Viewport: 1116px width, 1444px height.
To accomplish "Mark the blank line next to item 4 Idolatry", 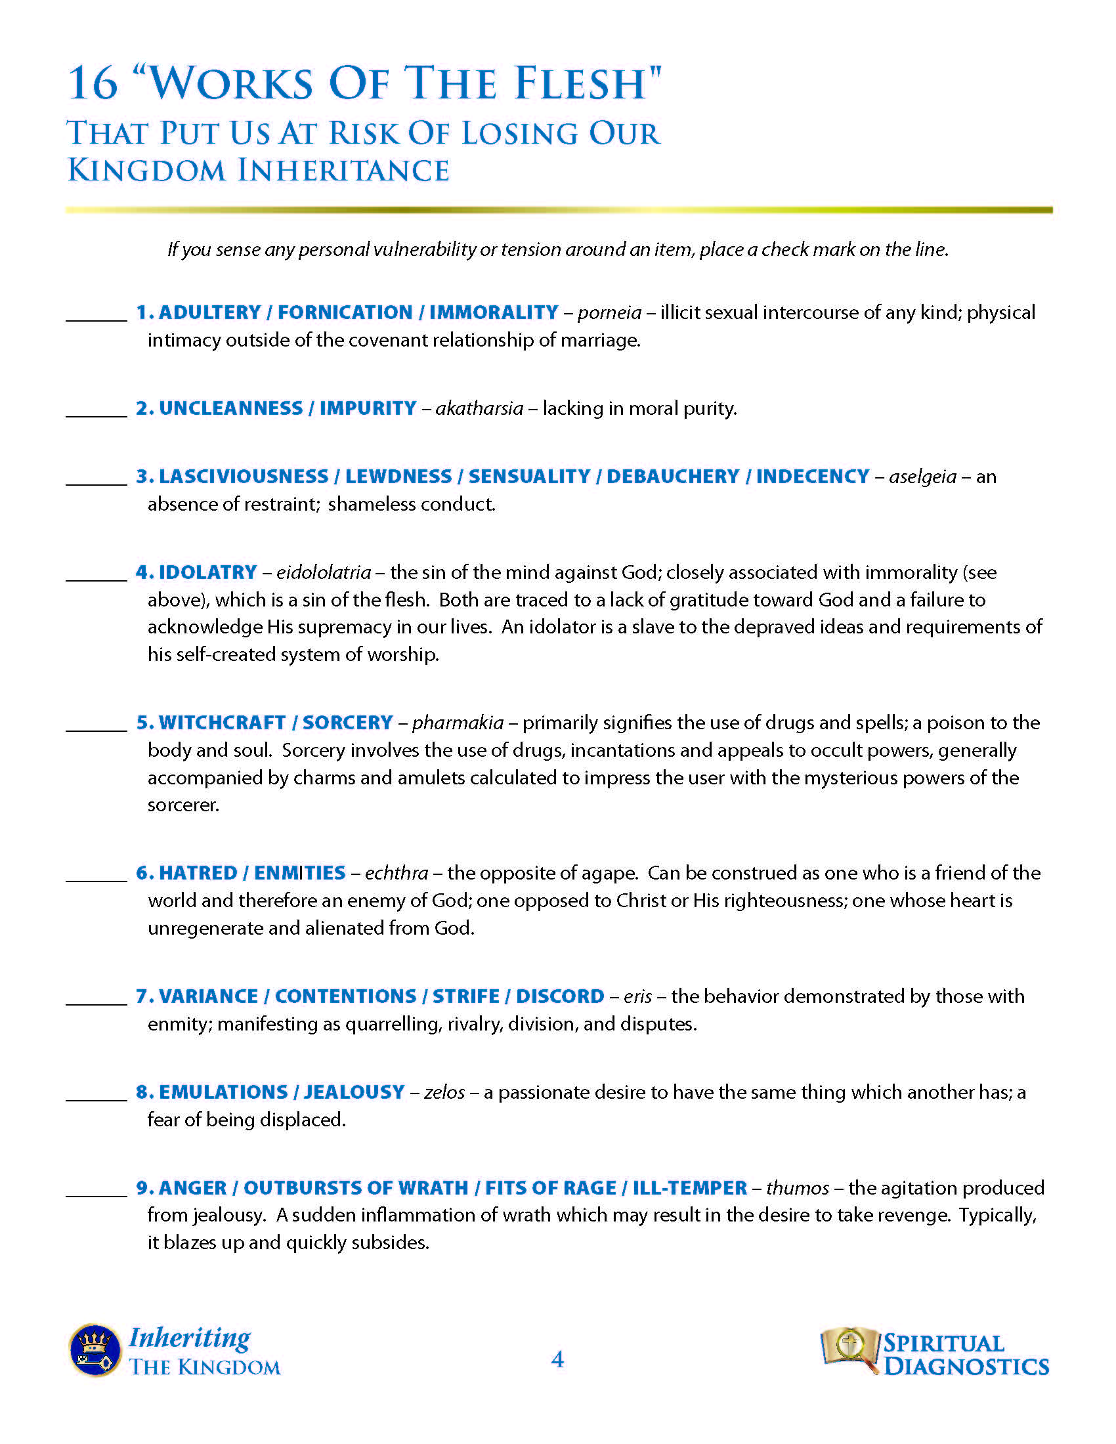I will pyautogui.click(x=97, y=579).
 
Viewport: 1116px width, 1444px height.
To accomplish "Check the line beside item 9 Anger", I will pyautogui.click(x=97, y=1195).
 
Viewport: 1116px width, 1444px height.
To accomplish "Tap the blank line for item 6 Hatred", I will pyautogui.click(x=97, y=880).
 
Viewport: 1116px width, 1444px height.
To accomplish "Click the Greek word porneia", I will pyautogui.click(x=609, y=312).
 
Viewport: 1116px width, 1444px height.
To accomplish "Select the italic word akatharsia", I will pyautogui.click(x=479, y=409).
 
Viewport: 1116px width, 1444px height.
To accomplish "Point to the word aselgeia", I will pyautogui.click(x=922, y=477).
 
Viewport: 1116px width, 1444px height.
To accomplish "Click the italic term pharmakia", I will pyautogui.click(x=458, y=723).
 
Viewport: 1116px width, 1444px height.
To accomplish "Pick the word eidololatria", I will pyautogui.click(x=323, y=572).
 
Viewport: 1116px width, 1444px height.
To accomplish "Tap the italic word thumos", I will pyautogui.click(x=798, y=1188).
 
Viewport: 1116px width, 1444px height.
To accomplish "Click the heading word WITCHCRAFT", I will pyautogui.click(x=222, y=723).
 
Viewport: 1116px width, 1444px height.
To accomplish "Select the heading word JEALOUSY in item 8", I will pyautogui.click(x=354, y=1092).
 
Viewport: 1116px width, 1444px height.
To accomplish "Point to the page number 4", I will pyautogui.click(x=557, y=1359).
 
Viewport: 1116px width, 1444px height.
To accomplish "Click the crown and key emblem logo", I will pyautogui.click(x=95, y=1350).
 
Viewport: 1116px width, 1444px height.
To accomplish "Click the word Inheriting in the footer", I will pyautogui.click(x=190, y=1338).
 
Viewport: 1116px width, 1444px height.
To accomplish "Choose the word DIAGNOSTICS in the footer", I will pyautogui.click(x=966, y=1367).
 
